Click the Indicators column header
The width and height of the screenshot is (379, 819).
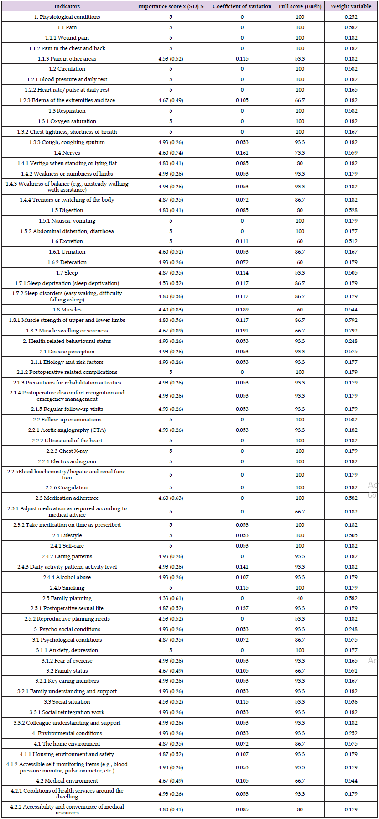point(67,6)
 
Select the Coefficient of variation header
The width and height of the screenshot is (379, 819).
point(242,6)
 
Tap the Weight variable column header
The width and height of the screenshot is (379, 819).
point(351,6)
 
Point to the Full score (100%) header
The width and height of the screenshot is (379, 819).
point(300,6)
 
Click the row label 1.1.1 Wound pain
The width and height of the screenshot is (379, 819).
point(67,38)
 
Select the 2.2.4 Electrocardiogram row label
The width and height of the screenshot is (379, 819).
point(67,461)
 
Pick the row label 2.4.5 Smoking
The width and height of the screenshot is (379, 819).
point(67,588)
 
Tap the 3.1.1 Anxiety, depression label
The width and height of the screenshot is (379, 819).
point(67,650)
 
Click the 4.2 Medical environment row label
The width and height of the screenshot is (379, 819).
point(67,781)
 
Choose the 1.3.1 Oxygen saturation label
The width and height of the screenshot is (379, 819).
point(67,121)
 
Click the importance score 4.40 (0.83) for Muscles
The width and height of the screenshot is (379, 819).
point(171,310)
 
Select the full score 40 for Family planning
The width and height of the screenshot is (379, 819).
point(300,598)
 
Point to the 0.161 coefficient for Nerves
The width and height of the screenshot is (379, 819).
point(242,153)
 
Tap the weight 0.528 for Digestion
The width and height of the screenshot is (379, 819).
point(351,210)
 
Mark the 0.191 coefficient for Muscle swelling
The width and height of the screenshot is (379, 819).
point(242,331)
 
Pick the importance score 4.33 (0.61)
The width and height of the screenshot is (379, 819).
point(171,598)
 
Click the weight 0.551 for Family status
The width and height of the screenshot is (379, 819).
point(351,671)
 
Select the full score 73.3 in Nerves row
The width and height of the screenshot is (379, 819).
point(300,153)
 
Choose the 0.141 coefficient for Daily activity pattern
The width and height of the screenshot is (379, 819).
point(242,567)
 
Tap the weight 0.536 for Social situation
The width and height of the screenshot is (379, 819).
point(351,702)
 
